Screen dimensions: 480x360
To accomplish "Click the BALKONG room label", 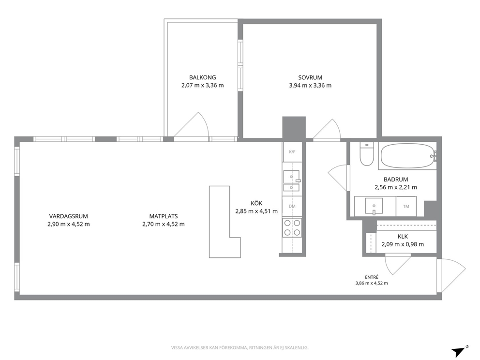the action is coord(202,77).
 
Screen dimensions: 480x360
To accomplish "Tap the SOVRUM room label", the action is coord(310,77).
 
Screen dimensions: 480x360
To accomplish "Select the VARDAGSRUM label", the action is coord(69,216).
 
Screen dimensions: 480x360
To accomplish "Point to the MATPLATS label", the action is coord(164,216).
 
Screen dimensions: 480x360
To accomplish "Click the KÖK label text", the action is coord(256,203).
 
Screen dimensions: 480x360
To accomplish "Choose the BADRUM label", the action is coord(396,180).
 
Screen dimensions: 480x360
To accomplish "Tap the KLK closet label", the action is coord(403,236).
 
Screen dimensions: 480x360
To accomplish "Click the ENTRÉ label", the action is coord(372,277).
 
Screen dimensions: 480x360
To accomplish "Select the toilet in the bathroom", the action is coord(366,154).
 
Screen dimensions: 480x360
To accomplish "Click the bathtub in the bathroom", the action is coord(407,156).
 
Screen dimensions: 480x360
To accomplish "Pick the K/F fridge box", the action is coord(292,152).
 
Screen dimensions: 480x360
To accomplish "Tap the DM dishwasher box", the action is coord(292,206).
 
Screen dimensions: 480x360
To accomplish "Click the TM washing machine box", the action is coord(406,206).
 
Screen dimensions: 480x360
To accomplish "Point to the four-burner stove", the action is coord(292,227).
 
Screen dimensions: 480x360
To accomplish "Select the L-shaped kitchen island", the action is coord(225,222).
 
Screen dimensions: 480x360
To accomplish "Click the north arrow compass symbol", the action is coord(459,351).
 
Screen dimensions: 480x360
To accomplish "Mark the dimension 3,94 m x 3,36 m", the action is coord(310,86).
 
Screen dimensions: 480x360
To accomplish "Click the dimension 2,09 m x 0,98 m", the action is coord(403,244).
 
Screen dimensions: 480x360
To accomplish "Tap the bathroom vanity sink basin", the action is coord(374,206).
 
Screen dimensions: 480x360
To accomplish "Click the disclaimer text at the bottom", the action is coord(240,348).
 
